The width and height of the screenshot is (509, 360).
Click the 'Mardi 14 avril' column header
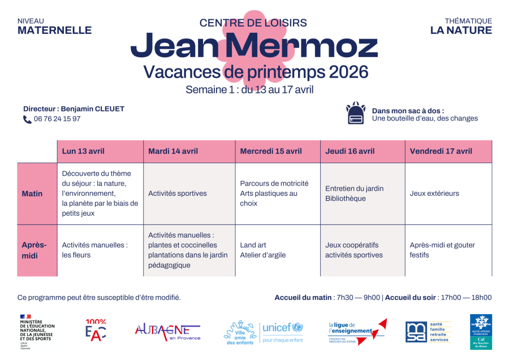click(173, 151)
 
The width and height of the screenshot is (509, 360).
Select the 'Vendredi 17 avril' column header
click(441, 151)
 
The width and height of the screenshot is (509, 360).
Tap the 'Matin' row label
click(32, 194)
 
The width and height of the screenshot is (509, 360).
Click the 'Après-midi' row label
click(34, 250)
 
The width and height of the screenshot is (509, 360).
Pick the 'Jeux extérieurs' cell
click(434, 194)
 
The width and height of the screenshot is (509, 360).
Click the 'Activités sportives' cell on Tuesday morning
click(178, 194)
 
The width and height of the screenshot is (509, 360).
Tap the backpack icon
click(355, 114)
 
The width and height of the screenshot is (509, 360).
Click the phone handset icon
click(27, 119)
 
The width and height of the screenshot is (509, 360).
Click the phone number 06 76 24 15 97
click(57, 119)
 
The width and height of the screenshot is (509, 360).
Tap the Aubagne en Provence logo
click(167, 331)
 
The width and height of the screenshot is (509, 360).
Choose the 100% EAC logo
click(96, 330)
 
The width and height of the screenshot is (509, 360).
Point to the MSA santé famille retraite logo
click(428, 332)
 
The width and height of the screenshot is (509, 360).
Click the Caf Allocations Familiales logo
click(481, 332)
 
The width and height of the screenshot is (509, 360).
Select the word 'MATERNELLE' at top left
click(54, 31)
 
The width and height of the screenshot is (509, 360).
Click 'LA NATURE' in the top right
click(461, 31)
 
